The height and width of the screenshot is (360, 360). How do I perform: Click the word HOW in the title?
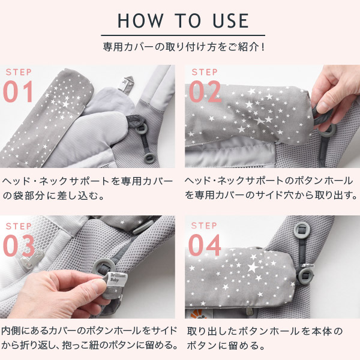click(137, 20)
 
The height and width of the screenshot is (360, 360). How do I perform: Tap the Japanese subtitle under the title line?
click(180, 46)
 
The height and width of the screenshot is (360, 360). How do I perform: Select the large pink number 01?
click(20, 92)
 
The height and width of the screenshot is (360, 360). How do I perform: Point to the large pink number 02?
click(205, 92)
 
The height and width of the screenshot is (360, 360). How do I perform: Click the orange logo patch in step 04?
click(196, 311)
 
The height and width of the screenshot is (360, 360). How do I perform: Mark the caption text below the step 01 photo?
click(87, 187)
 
